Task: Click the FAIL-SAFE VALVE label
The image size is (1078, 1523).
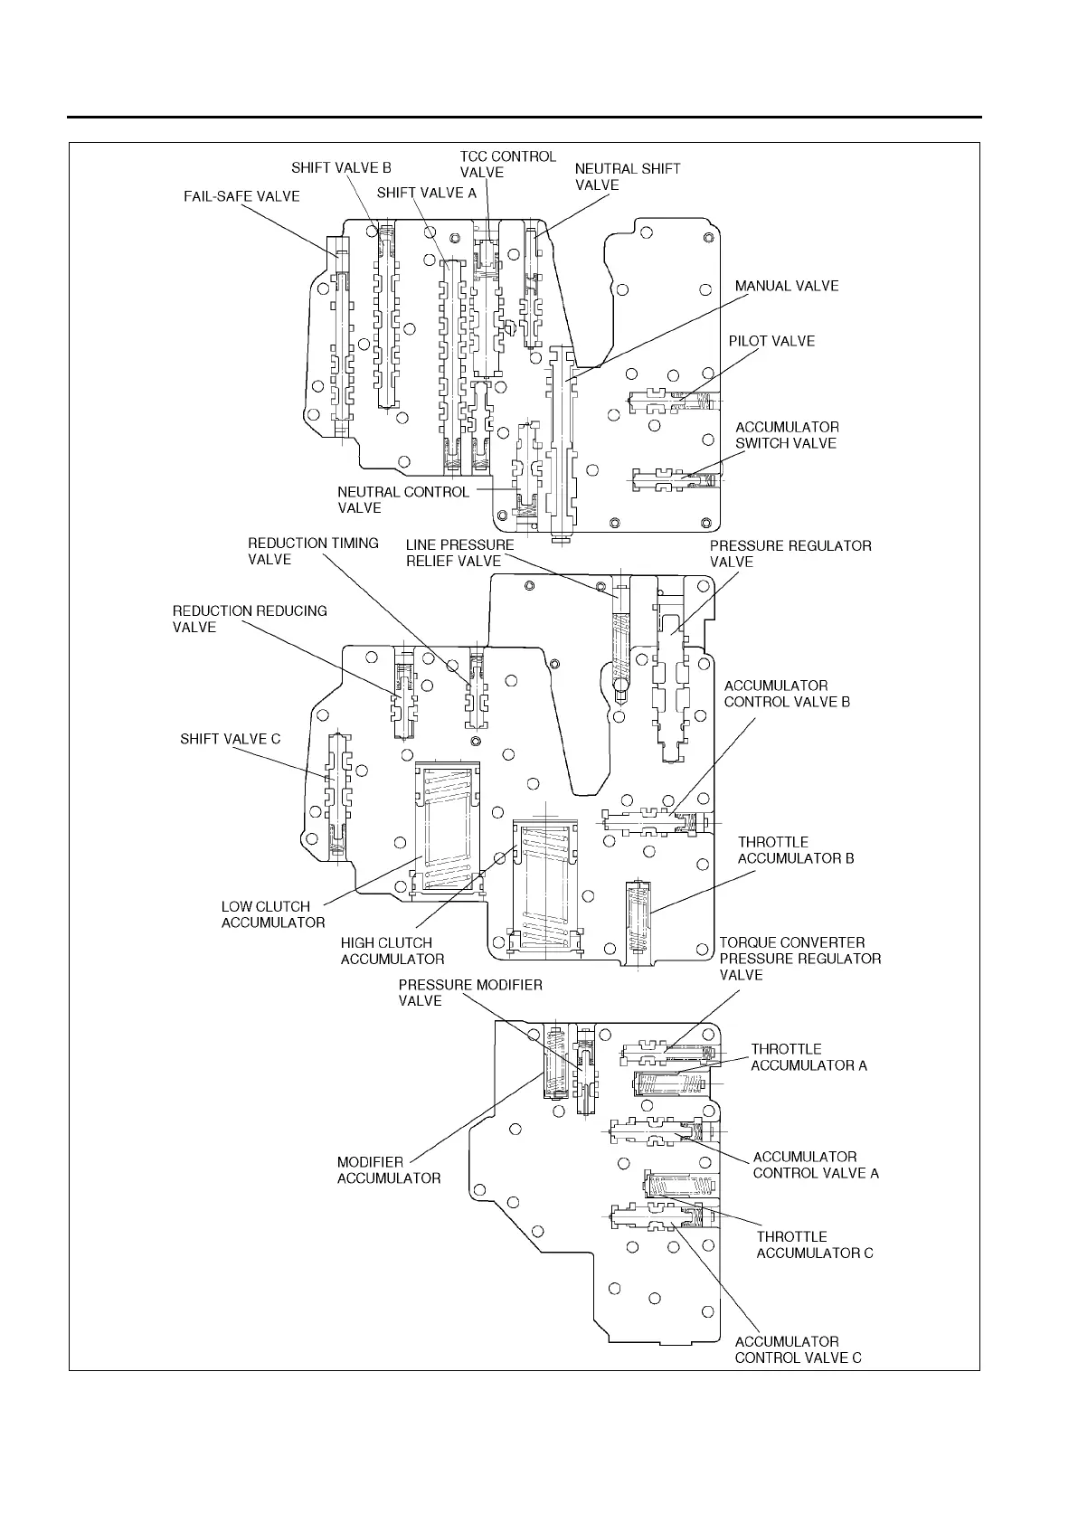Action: click(x=241, y=196)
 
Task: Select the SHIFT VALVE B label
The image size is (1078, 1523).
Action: click(x=341, y=168)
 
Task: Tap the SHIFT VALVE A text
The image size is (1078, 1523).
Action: click(x=426, y=193)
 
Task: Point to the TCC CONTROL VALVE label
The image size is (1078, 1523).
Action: click(x=507, y=165)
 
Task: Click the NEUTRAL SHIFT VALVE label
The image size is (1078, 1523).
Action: click(x=628, y=177)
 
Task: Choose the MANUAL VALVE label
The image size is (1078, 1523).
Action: click(x=786, y=286)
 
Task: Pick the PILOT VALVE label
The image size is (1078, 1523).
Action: click(x=771, y=341)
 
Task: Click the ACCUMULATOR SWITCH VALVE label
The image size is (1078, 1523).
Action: click(x=786, y=435)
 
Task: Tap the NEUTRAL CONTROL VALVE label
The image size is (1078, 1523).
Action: click(x=403, y=500)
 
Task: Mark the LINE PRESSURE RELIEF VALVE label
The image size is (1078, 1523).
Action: click(x=459, y=553)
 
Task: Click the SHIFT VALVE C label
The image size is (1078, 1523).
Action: click(x=230, y=739)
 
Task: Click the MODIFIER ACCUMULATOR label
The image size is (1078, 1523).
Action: click(x=388, y=1170)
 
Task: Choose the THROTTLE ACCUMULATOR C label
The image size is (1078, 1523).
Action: click(x=814, y=1244)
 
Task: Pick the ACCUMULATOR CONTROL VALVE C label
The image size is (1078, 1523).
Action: click(x=798, y=1349)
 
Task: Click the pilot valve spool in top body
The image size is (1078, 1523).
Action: click(x=669, y=399)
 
